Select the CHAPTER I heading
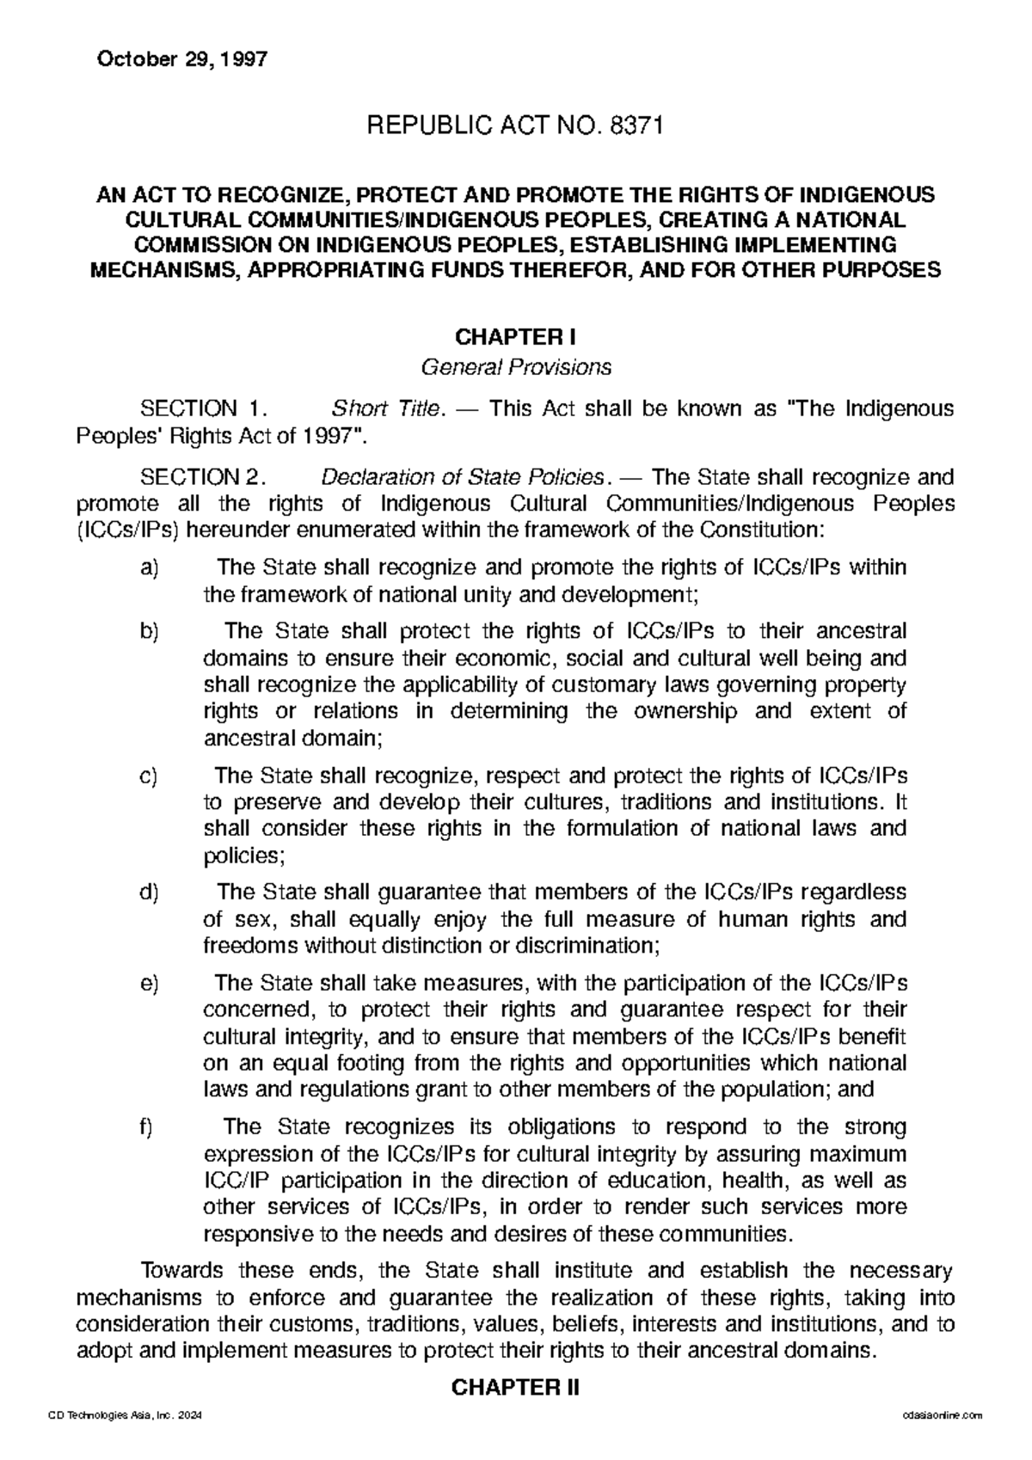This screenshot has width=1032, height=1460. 515,335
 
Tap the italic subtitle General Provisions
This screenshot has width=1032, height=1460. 514,368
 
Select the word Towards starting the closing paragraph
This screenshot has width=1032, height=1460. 181,1271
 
